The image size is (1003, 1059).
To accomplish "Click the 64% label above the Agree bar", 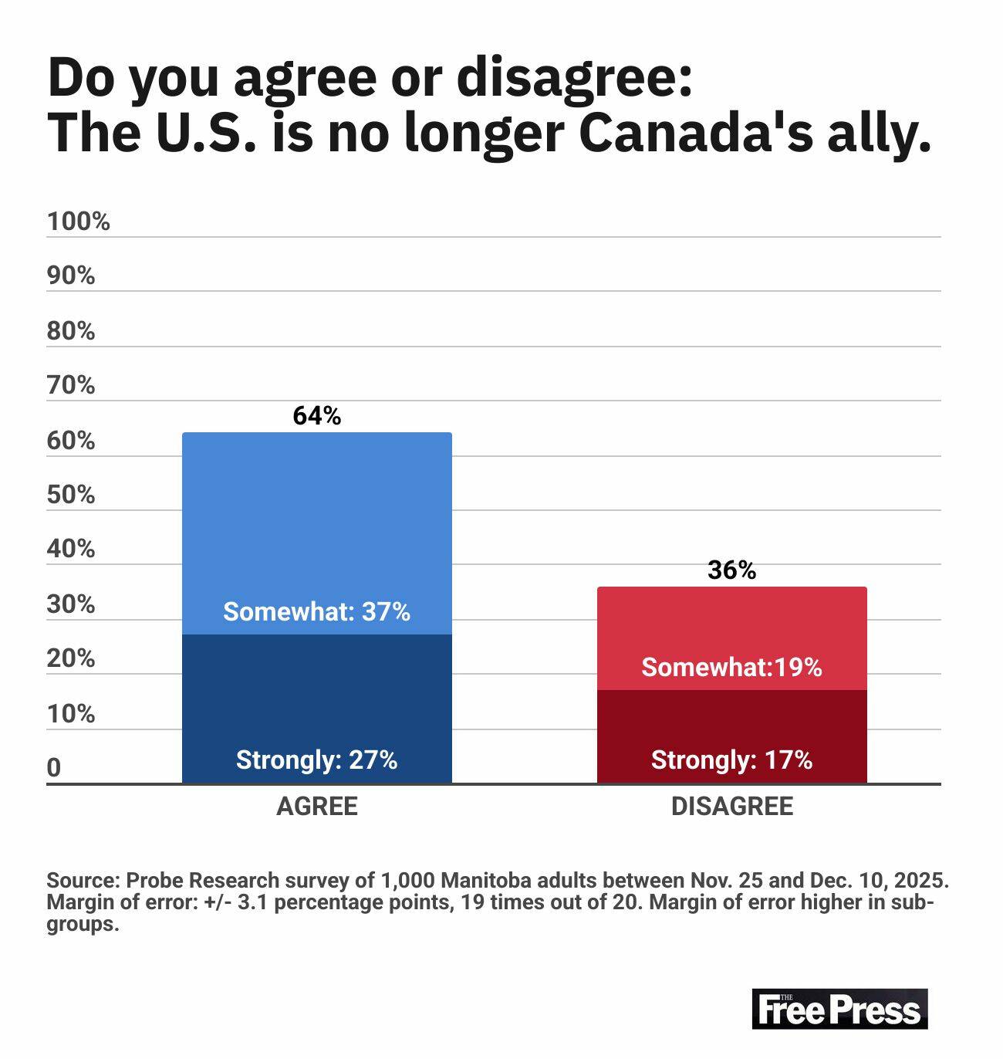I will click(x=316, y=416).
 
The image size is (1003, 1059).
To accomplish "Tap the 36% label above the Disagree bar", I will click(x=731, y=570).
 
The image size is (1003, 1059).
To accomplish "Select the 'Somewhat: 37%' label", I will click(x=316, y=612).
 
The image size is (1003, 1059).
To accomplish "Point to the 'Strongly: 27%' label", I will click(x=316, y=760).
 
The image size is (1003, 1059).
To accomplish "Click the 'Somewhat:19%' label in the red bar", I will click(x=731, y=667).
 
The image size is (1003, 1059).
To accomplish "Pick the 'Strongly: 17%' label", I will click(x=731, y=760).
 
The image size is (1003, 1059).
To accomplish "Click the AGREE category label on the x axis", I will click(x=316, y=807).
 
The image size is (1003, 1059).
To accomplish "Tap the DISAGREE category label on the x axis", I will click(x=731, y=807).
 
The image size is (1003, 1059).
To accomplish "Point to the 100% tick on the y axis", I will click(x=78, y=222).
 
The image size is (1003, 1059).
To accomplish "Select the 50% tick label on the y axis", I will click(x=70, y=495).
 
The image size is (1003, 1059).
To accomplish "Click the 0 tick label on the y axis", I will click(x=53, y=768).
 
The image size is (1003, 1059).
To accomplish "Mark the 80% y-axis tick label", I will click(x=70, y=331).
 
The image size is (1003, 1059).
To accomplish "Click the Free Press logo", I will click(x=839, y=1009).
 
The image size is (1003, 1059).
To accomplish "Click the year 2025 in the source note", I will click(x=923, y=881).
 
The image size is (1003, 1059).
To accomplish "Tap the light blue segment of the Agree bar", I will click(x=316, y=525).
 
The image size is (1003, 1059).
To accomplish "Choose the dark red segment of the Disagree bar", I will click(x=731, y=726).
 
